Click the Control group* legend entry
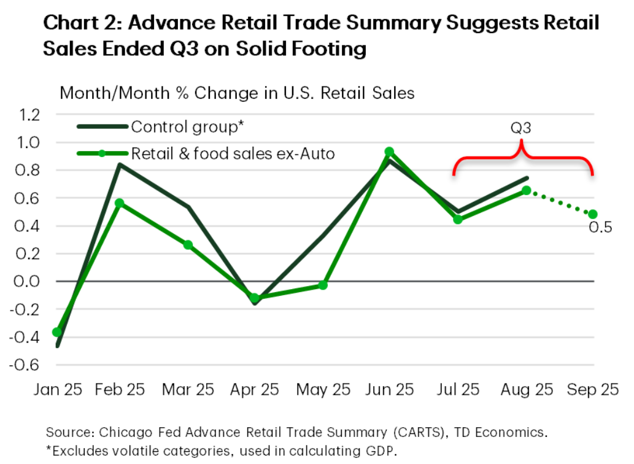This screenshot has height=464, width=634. (x=188, y=127)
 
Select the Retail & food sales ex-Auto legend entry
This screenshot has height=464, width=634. (x=233, y=153)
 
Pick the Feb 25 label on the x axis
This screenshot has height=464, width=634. (x=122, y=390)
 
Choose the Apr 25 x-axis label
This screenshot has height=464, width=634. (x=255, y=390)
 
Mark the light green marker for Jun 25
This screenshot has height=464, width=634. (x=389, y=152)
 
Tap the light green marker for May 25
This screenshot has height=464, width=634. (x=323, y=285)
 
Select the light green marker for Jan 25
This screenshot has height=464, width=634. (x=57, y=332)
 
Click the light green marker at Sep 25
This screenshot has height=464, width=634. (x=592, y=214)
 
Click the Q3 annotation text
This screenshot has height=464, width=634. (x=521, y=129)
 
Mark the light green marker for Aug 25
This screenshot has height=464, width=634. (x=526, y=190)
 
